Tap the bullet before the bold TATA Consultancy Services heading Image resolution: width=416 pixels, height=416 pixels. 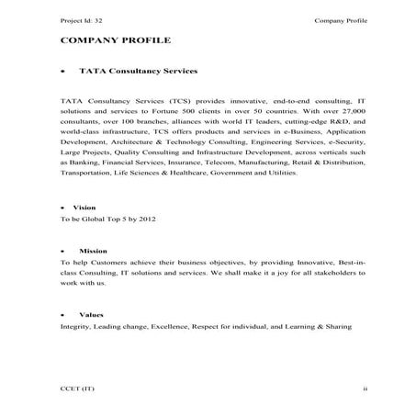tap(62, 71)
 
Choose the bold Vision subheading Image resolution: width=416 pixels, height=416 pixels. tap(84, 208)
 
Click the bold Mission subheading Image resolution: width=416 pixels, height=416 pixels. tap(93, 250)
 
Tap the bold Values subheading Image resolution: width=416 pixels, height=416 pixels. tap(90, 315)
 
